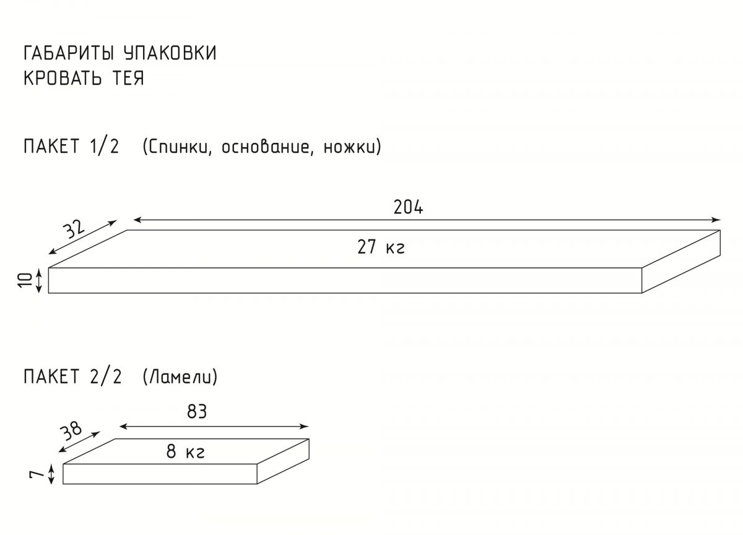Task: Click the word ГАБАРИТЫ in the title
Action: [x=69, y=53]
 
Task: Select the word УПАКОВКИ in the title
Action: [x=170, y=53]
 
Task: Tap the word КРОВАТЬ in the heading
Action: [x=63, y=78]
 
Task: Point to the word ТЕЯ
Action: [x=128, y=78]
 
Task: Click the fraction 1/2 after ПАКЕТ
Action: [x=104, y=146]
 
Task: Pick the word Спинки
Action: [x=178, y=147]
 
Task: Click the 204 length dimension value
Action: [x=408, y=207]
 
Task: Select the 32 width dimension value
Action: [x=74, y=228]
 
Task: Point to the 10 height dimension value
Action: [x=26, y=280]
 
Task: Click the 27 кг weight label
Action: [x=381, y=247]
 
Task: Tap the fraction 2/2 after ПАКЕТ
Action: [x=105, y=376]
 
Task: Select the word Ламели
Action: [x=180, y=377]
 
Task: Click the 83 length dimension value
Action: [x=197, y=411]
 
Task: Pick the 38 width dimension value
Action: [x=71, y=430]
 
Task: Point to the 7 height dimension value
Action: [x=37, y=474]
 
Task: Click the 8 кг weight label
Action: [x=185, y=452]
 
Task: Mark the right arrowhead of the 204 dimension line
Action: [x=716, y=220]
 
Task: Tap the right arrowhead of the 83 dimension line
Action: [x=305, y=427]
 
